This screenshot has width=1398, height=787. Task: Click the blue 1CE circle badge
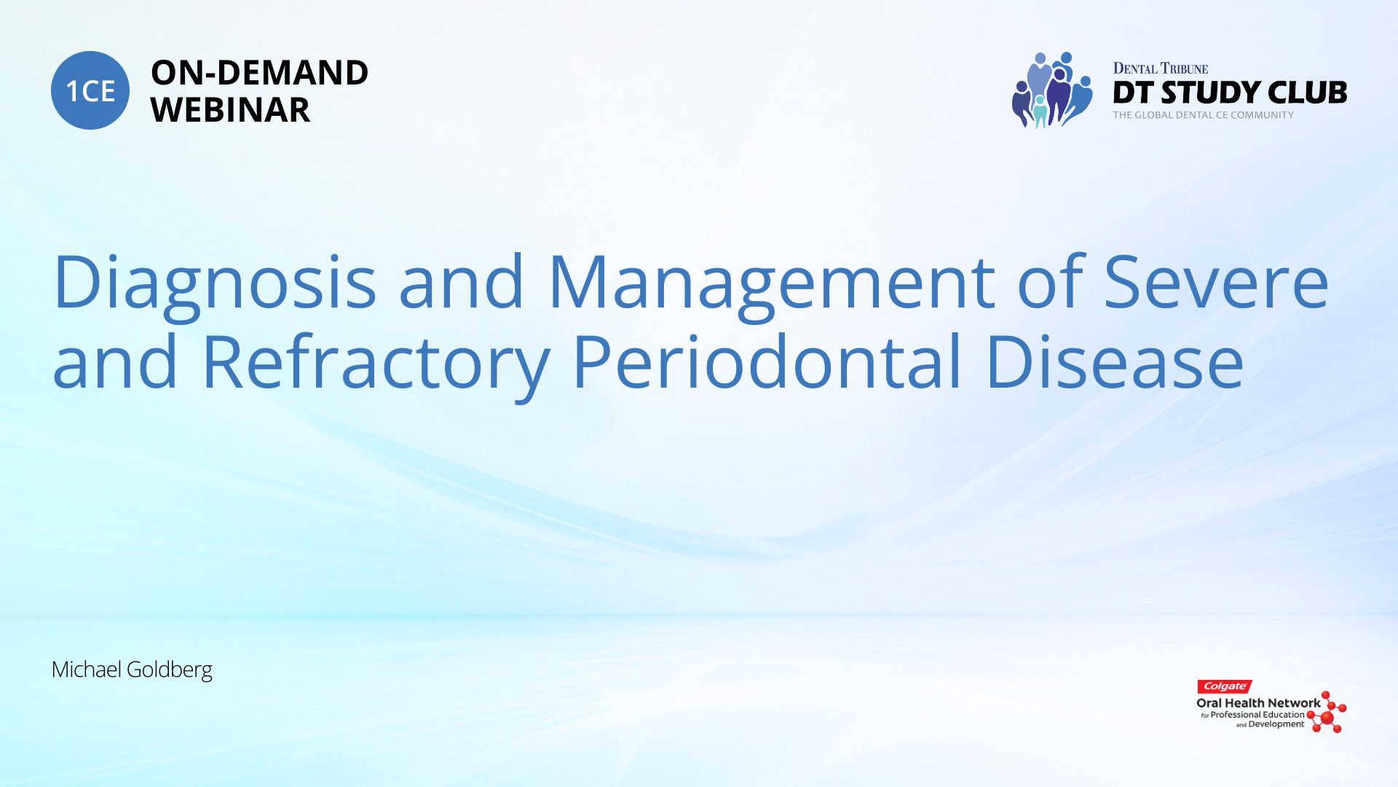[x=90, y=90]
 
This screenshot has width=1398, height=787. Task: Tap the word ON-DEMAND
[x=259, y=73]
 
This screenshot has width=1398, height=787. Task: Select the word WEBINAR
[x=230, y=110]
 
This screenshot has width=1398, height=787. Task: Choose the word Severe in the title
[x=1217, y=281]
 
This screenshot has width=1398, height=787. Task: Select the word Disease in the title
[x=1115, y=362]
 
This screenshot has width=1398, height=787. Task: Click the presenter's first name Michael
[x=87, y=669]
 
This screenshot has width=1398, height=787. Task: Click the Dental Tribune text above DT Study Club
[x=1161, y=68]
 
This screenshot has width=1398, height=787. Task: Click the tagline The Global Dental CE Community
[x=1203, y=115]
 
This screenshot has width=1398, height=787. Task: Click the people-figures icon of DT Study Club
[x=1052, y=90]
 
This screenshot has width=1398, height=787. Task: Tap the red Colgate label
[x=1225, y=686]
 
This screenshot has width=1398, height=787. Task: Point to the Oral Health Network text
[x=1258, y=703]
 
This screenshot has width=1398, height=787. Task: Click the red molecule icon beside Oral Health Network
[x=1327, y=712]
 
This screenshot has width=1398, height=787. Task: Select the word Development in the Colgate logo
[x=1276, y=724]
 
